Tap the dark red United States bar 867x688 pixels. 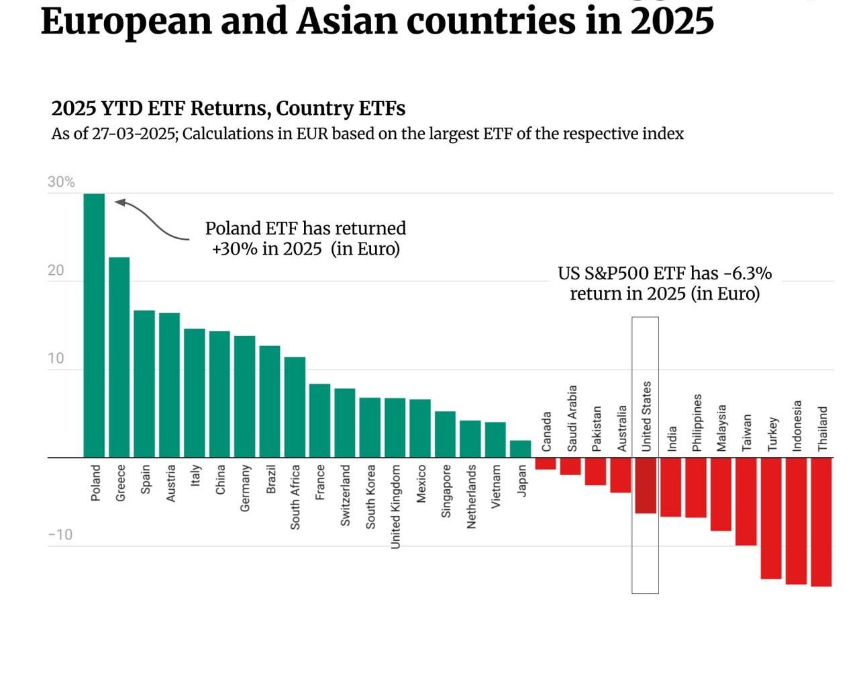[645, 485]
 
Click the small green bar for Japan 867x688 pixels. [520, 449]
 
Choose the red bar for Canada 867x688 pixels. [545, 464]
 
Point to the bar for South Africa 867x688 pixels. [295, 407]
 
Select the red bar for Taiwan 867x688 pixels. [746, 501]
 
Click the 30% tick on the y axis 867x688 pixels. [61, 182]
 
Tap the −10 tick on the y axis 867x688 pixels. [60, 535]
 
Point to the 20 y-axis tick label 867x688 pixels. [55, 270]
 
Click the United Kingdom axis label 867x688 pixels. [395, 507]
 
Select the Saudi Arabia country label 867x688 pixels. [572, 418]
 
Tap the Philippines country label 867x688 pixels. [697, 423]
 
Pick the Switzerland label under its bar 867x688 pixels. [345, 495]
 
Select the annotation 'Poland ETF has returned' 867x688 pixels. [305, 228]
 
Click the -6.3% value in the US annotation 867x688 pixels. [747, 273]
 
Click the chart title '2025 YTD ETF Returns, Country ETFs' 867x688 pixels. [228, 108]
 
